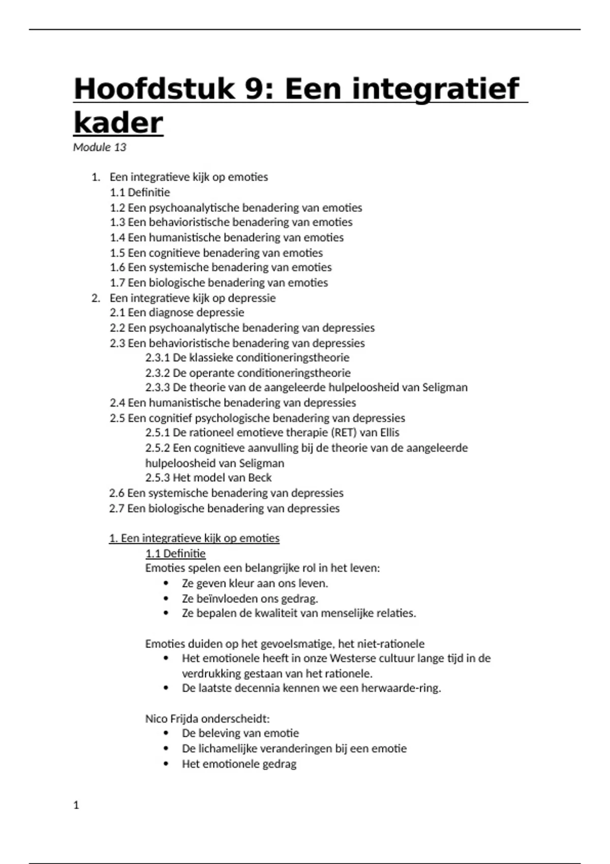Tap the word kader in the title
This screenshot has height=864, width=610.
click(118, 123)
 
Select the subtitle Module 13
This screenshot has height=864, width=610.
click(100, 147)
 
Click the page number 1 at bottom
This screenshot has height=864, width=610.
click(76, 805)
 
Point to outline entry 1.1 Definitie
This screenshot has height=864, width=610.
click(140, 193)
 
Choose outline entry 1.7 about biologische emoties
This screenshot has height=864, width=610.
click(219, 283)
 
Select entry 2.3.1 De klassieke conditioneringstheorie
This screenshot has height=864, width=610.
click(247, 357)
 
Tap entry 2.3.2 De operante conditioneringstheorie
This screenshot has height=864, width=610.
click(248, 373)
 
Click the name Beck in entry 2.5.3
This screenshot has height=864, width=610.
click(260, 478)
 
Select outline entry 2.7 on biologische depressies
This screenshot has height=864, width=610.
click(224, 508)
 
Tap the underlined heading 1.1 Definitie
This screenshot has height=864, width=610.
click(175, 553)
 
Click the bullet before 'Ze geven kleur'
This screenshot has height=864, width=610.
click(166, 583)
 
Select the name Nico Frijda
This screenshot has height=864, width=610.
click(172, 719)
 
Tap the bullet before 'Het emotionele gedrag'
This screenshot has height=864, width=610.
click(166, 764)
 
